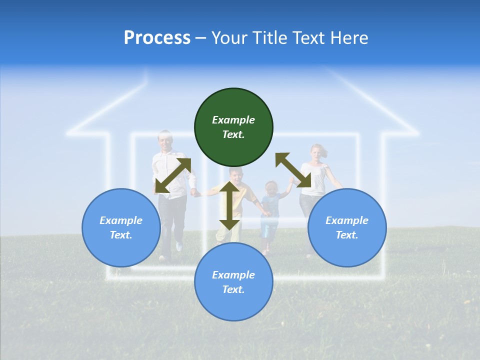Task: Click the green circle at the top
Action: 233,127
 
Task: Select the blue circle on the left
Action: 121,227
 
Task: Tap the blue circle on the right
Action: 347,227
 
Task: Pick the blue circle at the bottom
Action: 233,282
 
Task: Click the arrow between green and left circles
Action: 173,175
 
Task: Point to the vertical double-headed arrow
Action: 229,205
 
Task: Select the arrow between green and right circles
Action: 293,170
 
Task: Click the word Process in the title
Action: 157,38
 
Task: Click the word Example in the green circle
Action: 233,120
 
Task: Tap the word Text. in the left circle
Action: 121,235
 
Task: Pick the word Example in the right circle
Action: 347,220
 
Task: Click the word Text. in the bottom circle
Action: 233,289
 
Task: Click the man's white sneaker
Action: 179,246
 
